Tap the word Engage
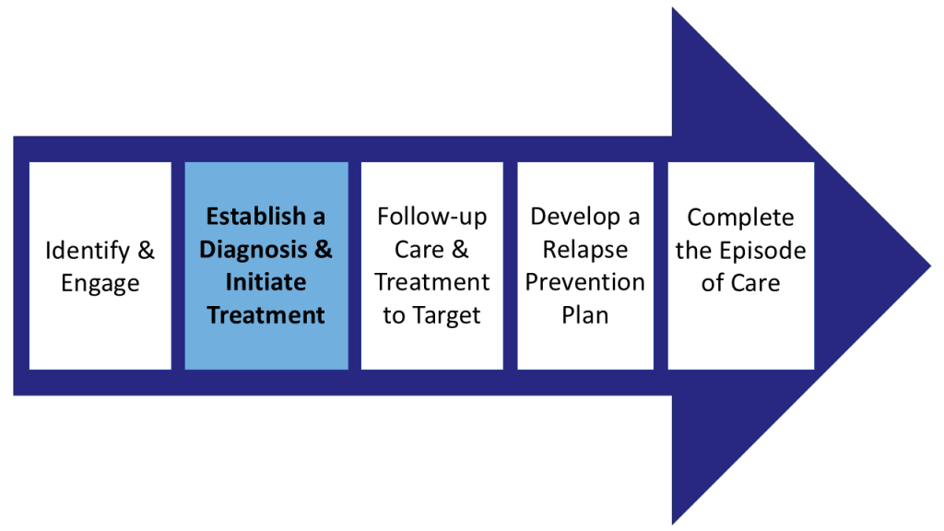(100, 283)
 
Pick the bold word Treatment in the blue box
(265, 315)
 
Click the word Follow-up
(431, 217)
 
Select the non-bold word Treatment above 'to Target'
(431, 282)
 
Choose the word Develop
(572, 217)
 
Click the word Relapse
(584, 250)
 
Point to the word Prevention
(584, 282)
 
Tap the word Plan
(584, 315)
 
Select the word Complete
(740, 218)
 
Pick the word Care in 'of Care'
(755, 282)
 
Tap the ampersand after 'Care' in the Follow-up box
(460, 250)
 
